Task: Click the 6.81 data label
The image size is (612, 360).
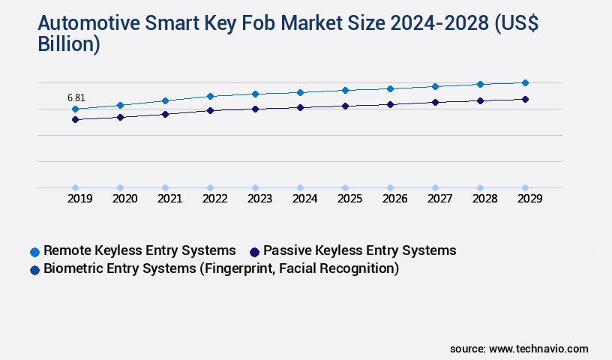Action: click(76, 97)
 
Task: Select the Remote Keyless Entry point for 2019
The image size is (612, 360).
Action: click(75, 109)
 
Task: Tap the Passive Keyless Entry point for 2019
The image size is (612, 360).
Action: click(75, 119)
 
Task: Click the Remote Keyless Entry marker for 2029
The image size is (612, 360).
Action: click(525, 82)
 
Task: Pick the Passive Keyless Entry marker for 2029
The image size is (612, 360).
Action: click(525, 99)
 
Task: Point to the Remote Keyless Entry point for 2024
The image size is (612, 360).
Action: click(300, 92)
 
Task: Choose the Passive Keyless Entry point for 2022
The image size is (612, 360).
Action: click(210, 110)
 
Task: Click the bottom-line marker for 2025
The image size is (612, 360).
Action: click(345, 187)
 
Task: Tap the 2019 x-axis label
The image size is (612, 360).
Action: click(79, 199)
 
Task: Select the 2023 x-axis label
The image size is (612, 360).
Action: click(259, 199)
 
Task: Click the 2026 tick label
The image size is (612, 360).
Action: click(394, 199)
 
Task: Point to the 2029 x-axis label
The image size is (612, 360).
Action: click(529, 199)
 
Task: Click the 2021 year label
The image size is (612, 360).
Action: click(169, 199)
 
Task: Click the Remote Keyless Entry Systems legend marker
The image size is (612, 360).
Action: click(34, 251)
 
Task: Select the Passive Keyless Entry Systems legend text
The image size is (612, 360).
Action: click(360, 250)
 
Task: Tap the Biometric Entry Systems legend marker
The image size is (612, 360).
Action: click(34, 269)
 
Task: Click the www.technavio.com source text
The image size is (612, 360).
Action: click(538, 349)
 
